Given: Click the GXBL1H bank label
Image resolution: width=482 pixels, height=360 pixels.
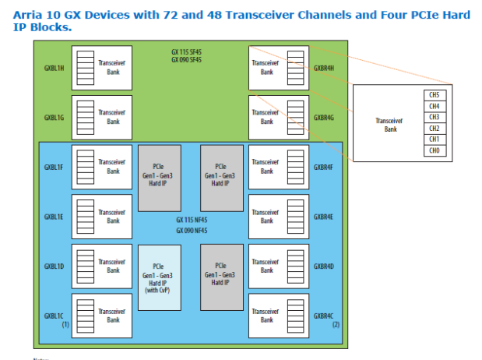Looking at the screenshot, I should click(x=55, y=67).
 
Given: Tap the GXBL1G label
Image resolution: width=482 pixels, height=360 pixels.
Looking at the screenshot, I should click(x=55, y=117).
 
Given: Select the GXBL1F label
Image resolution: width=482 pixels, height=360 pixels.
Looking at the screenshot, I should click(x=55, y=167).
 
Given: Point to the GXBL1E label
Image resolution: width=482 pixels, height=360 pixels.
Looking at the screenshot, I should click(x=55, y=216).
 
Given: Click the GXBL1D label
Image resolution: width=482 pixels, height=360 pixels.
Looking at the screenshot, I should click(x=55, y=266).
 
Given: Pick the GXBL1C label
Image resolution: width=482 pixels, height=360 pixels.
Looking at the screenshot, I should click(x=55, y=316).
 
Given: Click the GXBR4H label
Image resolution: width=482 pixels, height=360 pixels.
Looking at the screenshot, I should click(x=323, y=67).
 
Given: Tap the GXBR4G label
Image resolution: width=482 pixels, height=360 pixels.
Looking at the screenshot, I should click(x=323, y=117).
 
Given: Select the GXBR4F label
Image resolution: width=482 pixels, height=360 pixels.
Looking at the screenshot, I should click(x=323, y=167).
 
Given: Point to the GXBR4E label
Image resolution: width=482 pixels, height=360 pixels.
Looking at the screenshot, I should click(x=323, y=216).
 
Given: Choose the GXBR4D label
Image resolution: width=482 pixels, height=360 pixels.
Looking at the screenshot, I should click(x=323, y=266).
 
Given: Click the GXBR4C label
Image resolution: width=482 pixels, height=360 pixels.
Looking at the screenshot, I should click(x=323, y=316).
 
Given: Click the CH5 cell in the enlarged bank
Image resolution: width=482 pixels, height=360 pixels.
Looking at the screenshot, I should click(x=435, y=95).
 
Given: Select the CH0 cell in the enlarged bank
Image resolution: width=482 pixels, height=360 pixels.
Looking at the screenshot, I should click(x=435, y=150).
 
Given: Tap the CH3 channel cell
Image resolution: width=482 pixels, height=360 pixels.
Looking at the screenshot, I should click(x=435, y=117).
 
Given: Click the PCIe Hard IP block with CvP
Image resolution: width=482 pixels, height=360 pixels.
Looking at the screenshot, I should click(x=158, y=278).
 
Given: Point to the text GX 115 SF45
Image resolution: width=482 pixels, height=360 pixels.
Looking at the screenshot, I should click(x=187, y=53).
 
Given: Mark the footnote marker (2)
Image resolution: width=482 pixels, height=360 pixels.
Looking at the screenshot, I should click(x=336, y=323).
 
